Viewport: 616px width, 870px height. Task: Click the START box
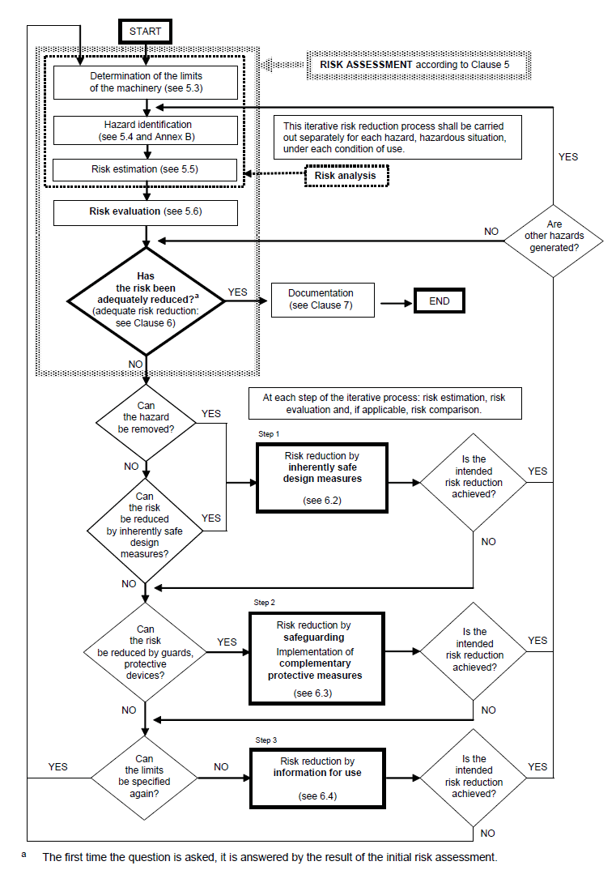pos(145,32)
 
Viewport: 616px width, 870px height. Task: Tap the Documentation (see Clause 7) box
pos(321,301)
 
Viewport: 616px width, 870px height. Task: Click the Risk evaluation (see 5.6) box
pos(146,212)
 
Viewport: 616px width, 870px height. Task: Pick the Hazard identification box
pos(146,130)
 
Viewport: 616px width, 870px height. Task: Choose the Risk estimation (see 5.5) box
pos(146,169)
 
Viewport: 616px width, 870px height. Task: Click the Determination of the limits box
pos(146,82)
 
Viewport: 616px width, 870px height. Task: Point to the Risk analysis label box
pos(346,176)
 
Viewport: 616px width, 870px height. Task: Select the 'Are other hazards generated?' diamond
pos(554,237)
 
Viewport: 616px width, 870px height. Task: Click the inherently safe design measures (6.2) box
pos(323,478)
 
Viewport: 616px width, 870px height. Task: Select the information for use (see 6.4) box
pos(316,778)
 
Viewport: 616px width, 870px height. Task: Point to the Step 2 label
pos(266,603)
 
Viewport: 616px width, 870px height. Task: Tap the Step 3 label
pos(266,740)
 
